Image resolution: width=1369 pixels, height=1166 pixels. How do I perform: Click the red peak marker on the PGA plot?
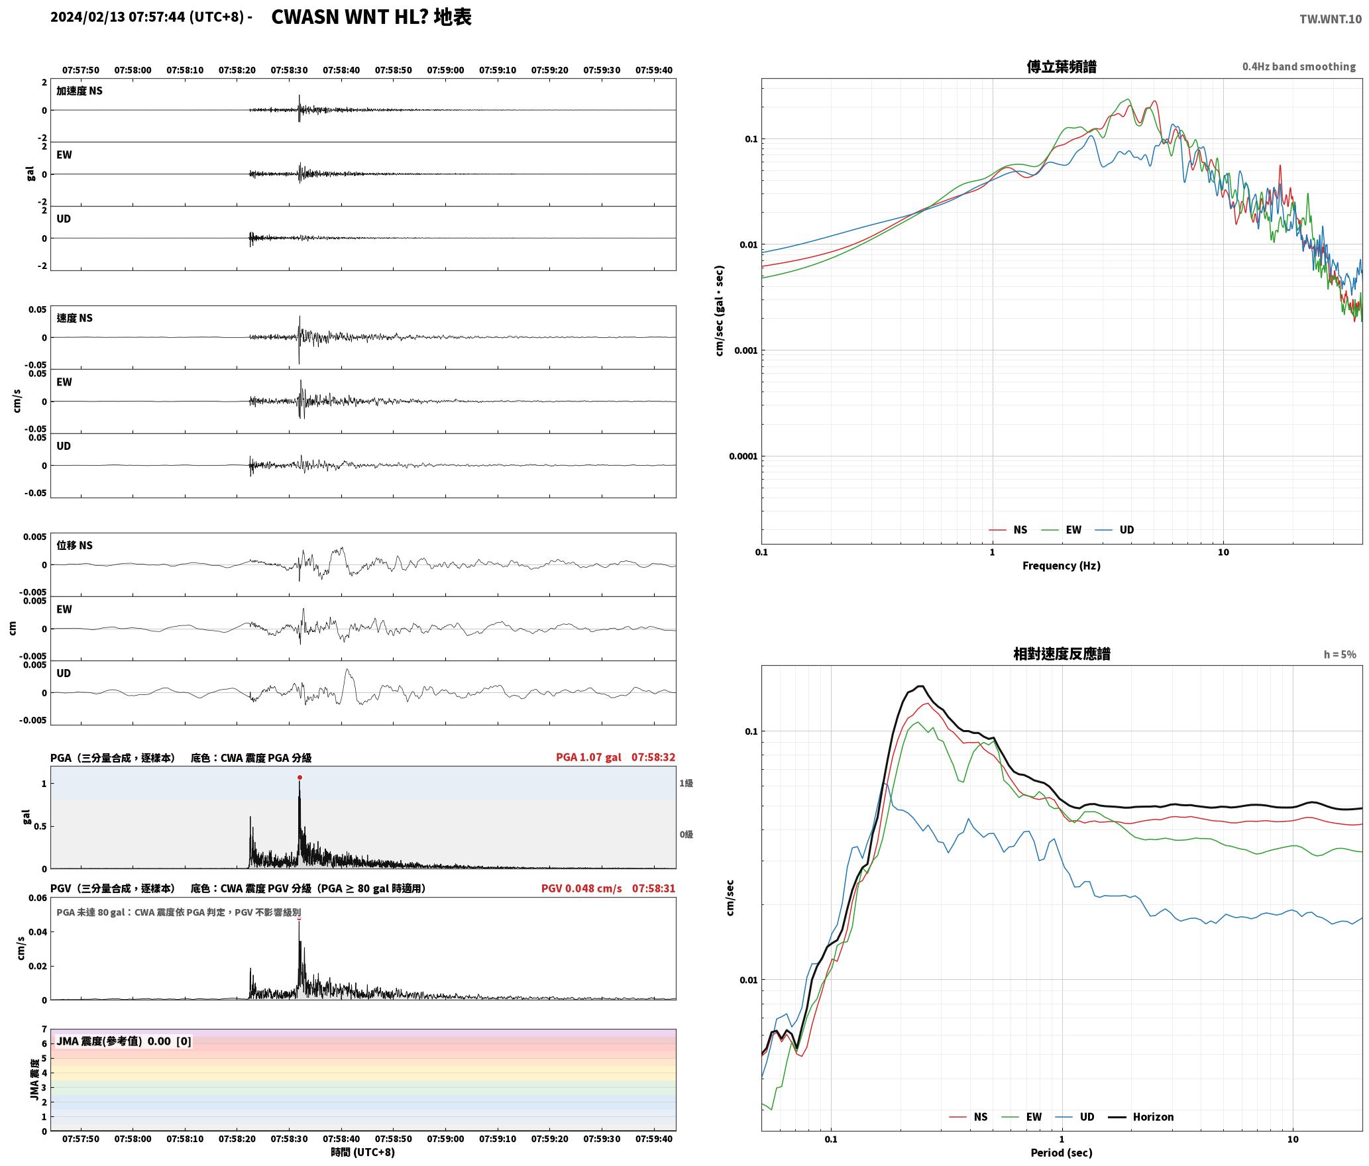coord(300,777)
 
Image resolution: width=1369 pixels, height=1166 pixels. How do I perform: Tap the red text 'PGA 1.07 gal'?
coord(588,757)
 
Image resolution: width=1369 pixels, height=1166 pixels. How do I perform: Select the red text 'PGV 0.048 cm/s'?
coord(581,888)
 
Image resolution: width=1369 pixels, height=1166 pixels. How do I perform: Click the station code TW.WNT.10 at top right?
coord(1331,19)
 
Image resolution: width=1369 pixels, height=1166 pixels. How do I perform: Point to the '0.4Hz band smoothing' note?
coord(1299,66)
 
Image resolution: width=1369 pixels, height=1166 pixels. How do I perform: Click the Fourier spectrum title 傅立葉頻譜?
coord(1061,66)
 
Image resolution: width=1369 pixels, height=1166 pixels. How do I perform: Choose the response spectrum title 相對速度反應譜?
coord(1062,654)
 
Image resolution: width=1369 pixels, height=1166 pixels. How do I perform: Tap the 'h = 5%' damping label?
coord(1340,655)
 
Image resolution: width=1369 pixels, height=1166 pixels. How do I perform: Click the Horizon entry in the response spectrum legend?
coord(1141,1117)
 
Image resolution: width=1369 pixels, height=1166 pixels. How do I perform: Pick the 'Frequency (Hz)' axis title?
coord(1061,566)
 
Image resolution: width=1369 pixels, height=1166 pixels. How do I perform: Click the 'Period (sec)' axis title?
coord(1061,1153)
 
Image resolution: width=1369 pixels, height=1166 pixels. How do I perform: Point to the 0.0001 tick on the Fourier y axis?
coord(743,456)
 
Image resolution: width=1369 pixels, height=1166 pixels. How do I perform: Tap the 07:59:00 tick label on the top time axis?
coord(445,70)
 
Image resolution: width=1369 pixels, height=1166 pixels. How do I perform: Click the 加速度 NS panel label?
coord(80,91)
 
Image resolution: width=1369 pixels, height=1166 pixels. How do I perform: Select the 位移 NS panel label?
coord(74,546)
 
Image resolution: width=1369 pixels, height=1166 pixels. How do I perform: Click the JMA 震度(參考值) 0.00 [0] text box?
coord(124,1041)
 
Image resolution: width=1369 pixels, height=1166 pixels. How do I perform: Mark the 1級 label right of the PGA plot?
coord(686,784)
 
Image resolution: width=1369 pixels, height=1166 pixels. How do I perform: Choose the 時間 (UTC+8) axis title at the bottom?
coord(362,1153)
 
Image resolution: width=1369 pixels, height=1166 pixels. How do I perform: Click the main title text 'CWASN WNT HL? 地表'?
coord(371,17)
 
